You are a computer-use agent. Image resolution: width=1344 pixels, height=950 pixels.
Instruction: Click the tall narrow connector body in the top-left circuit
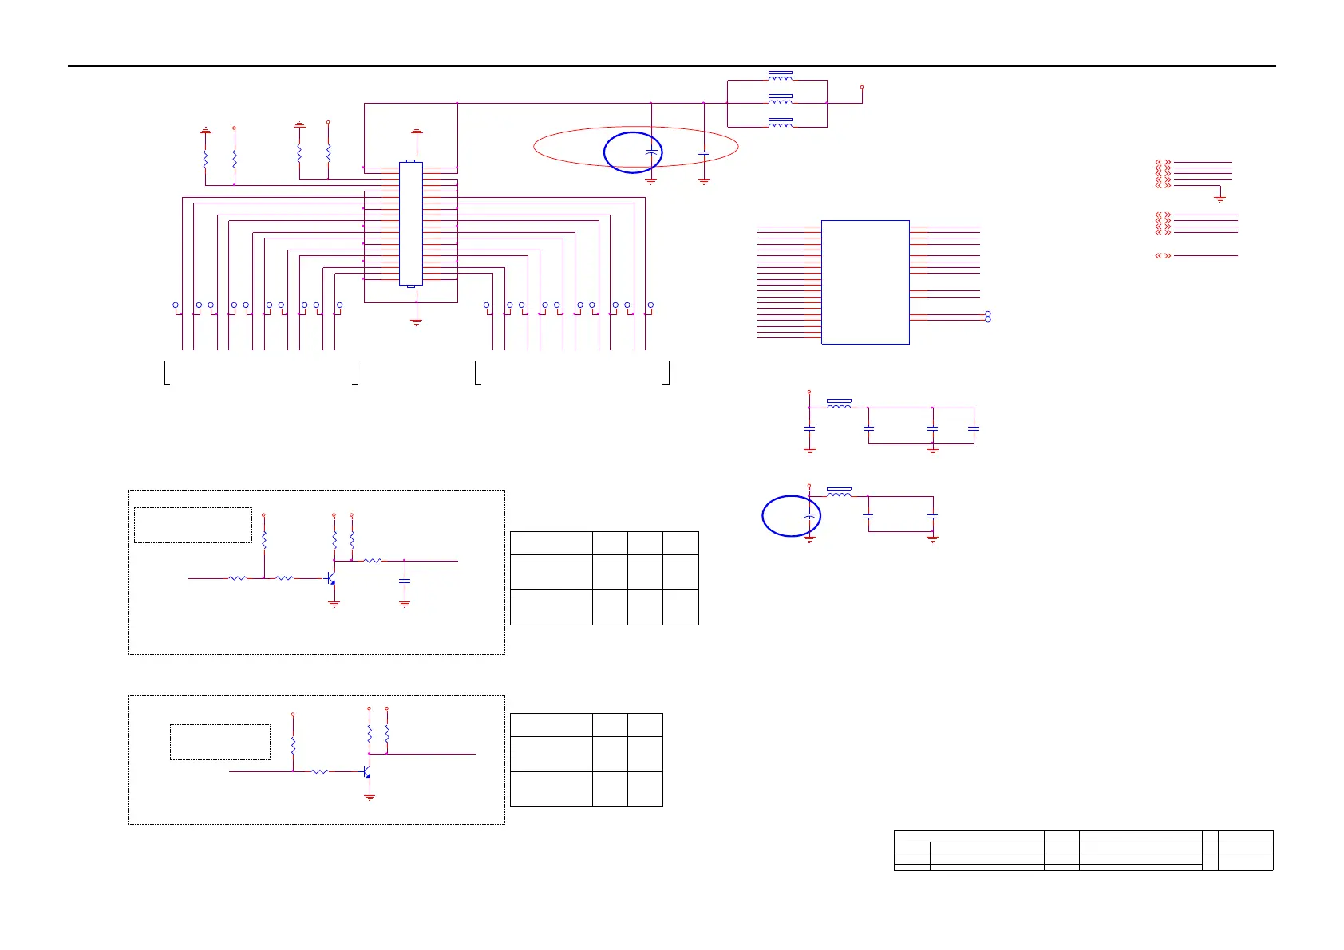[410, 223]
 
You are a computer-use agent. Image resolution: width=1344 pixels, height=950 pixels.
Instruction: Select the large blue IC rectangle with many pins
[865, 282]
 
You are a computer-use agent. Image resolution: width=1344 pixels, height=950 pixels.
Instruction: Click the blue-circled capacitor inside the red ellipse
[652, 151]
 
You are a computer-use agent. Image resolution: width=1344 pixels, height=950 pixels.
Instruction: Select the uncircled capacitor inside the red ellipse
[703, 152]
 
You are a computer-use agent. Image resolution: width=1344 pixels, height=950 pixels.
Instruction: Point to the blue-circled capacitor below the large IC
[809, 517]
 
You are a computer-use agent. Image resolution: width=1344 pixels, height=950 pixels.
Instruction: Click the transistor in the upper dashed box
[331, 577]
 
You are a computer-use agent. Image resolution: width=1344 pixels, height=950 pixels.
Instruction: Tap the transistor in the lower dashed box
[366, 772]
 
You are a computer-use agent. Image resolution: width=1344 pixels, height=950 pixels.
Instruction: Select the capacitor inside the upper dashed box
[405, 581]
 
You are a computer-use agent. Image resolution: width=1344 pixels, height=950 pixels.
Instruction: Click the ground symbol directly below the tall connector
[416, 322]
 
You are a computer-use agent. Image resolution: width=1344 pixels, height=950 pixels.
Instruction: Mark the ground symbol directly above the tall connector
[416, 130]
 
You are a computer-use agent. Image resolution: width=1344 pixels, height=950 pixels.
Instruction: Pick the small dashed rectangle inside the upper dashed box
[193, 525]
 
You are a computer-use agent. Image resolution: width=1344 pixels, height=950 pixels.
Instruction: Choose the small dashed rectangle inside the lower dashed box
[220, 742]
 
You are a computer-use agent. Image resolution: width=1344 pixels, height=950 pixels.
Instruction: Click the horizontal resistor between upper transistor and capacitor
[373, 561]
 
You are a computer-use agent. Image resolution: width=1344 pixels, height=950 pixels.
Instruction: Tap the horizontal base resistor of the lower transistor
[319, 771]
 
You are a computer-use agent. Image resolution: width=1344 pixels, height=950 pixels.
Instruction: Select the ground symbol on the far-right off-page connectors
[1219, 197]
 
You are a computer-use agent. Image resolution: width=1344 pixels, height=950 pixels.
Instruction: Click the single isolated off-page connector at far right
[1163, 256]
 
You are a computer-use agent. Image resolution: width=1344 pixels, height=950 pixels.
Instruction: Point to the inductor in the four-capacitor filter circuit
[839, 406]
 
